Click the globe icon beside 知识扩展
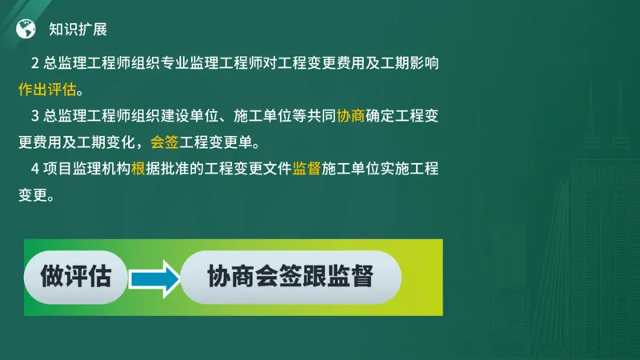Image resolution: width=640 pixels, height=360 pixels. (x=26, y=30)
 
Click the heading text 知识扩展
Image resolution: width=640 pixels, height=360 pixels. (x=78, y=30)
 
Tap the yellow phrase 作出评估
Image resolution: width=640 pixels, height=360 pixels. (x=50, y=87)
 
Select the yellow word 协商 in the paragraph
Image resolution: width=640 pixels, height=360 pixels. (x=350, y=116)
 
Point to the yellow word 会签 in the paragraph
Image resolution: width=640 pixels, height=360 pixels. (x=164, y=143)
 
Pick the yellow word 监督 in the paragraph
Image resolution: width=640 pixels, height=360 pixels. (x=306, y=169)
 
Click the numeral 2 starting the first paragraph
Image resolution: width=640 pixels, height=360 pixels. (x=35, y=62)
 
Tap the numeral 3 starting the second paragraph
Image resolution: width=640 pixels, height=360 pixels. (x=35, y=116)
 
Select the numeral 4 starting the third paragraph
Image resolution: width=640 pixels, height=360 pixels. (x=35, y=169)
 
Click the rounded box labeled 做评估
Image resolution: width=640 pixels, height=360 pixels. (x=75, y=277)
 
